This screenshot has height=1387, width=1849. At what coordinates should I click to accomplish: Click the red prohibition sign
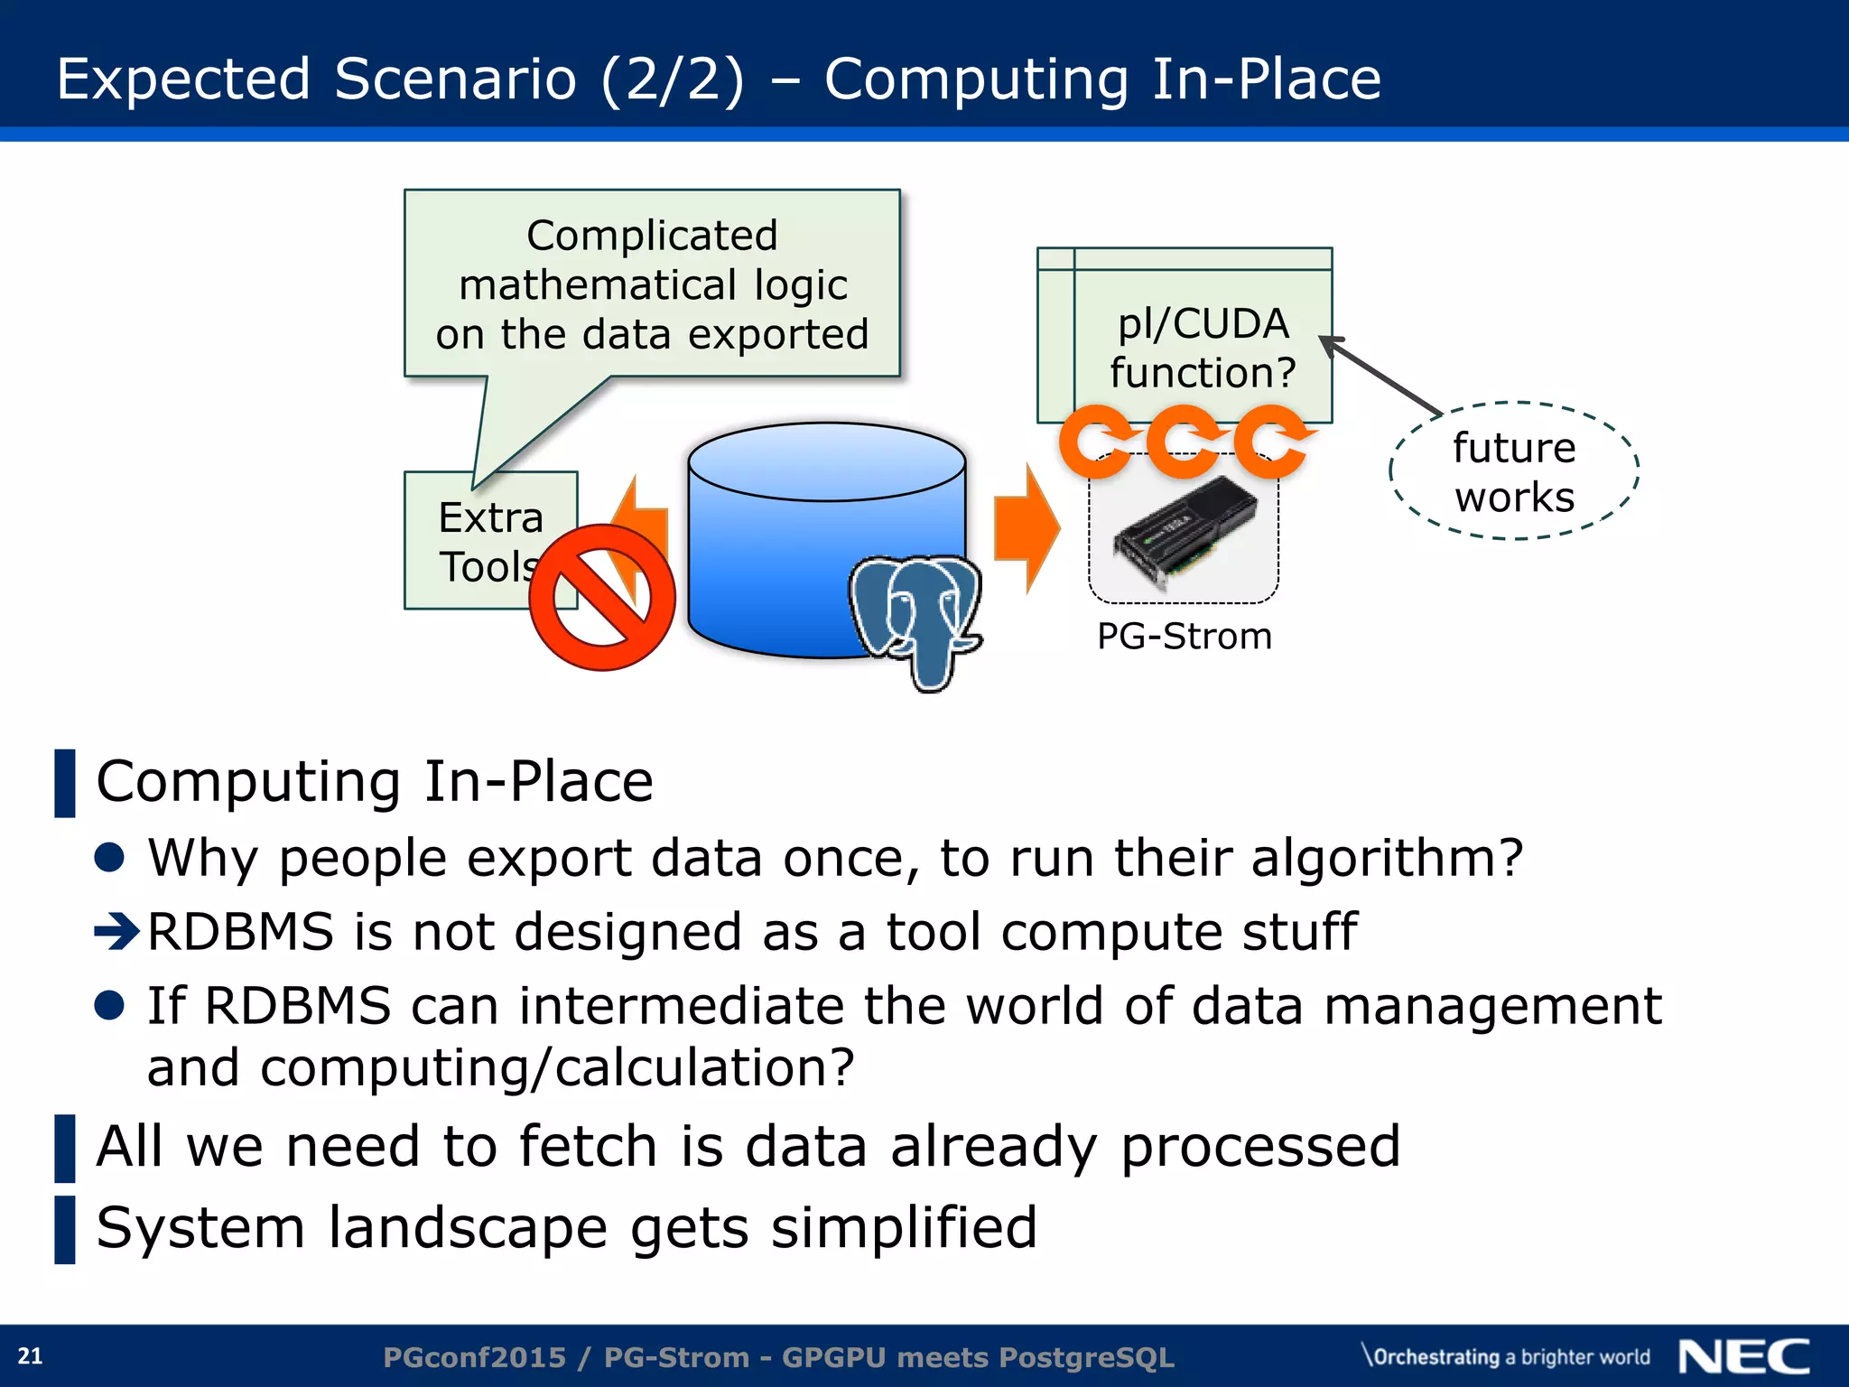point(602,597)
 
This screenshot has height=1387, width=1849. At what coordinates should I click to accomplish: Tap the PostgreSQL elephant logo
point(915,616)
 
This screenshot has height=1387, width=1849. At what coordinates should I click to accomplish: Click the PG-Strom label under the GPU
point(1184,637)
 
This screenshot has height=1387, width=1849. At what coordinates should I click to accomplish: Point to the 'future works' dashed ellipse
point(1514,471)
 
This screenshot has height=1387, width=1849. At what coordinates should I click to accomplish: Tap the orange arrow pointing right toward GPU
point(1026,529)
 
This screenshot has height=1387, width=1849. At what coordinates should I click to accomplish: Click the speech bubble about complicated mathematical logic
point(652,284)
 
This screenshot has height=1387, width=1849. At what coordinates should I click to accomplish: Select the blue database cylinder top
point(826,461)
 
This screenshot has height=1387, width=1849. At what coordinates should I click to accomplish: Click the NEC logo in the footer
point(1743,1356)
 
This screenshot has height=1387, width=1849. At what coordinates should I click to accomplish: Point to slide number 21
point(30,1355)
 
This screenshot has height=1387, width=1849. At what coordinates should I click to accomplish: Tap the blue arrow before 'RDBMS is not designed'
point(116,931)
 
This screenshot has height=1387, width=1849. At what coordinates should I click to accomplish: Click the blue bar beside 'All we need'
point(65,1148)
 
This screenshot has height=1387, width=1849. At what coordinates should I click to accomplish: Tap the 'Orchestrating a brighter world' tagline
point(1506,1356)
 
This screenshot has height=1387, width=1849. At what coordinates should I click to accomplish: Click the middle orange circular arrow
point(1183,441)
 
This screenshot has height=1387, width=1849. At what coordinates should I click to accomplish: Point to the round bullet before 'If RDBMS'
point(109,1005)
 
